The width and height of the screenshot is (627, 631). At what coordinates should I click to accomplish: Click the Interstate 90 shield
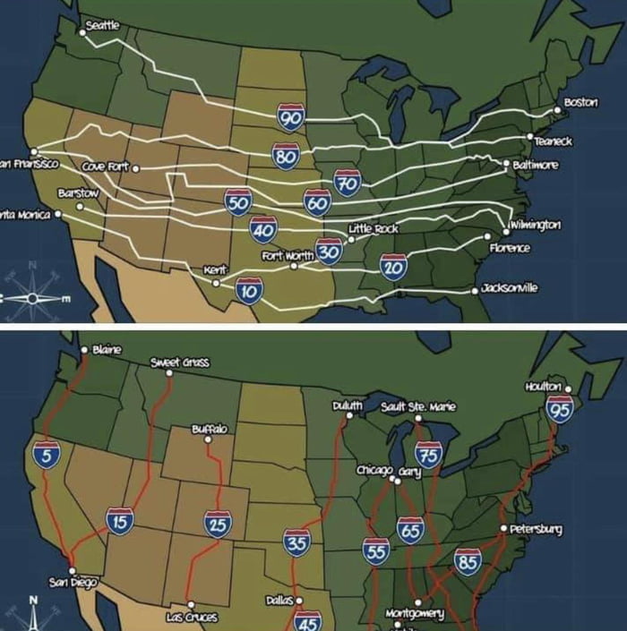(291, 117)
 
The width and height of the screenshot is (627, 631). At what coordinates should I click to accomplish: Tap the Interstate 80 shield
(286, 156)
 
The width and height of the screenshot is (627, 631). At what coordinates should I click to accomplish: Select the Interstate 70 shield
(347, 183)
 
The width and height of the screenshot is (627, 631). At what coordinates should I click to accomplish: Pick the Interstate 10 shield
(249, 291)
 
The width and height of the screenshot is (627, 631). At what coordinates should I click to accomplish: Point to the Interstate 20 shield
(393, 267)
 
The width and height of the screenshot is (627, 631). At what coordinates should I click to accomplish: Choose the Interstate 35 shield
(296, 542)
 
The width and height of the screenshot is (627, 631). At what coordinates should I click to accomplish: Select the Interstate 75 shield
(428, 456)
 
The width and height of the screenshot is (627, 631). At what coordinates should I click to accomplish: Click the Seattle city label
(101, 25)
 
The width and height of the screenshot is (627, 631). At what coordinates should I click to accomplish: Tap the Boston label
(580, 102)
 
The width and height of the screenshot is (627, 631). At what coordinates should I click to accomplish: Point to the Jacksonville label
(509, 288)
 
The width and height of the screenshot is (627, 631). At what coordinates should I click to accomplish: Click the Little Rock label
(379, 229)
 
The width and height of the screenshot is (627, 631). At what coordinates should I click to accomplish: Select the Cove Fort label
(105, 167)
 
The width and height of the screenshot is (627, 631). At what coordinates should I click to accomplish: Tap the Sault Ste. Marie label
(418, 406)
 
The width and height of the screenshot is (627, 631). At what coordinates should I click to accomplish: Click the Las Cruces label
(192, 618)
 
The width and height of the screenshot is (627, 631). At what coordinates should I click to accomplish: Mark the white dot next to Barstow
(80, 207)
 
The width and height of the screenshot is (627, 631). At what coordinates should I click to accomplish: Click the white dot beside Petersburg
(503, 528)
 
